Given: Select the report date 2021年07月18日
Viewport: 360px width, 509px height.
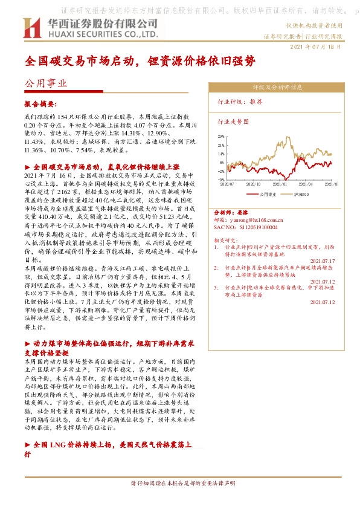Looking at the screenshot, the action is point(317,47).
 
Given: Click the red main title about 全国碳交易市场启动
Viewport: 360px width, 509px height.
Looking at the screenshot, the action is point(140,62).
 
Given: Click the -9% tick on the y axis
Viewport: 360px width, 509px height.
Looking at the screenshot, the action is point(222,180).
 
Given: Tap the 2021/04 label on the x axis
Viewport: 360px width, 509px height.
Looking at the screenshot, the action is point(306,184).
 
